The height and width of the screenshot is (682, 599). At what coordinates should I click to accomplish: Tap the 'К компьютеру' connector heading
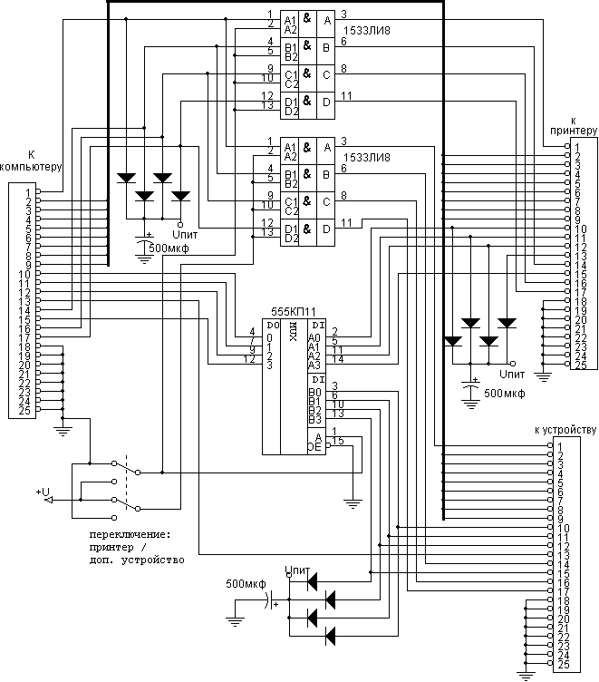31,161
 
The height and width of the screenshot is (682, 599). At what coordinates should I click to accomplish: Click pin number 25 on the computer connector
27,410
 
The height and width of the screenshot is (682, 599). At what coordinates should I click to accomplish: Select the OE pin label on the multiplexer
314,446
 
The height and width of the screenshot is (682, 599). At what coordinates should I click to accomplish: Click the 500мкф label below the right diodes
504,395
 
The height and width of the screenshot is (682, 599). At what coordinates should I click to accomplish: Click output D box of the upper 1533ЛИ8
324,102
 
